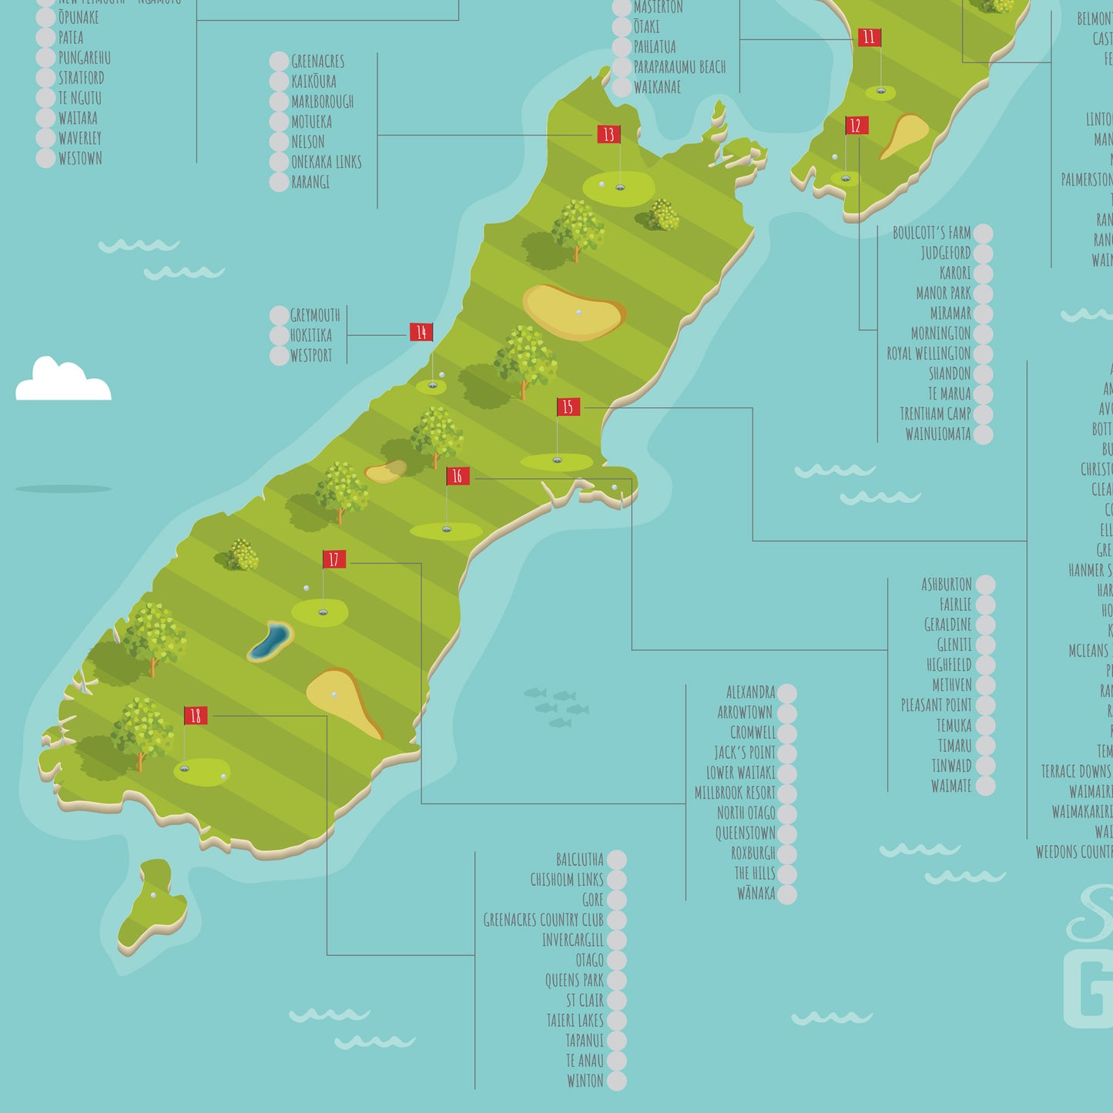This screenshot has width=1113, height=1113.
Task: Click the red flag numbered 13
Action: (608, 135)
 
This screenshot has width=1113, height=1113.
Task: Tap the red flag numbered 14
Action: (421, 332)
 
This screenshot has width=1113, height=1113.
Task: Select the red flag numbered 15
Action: (568, 407)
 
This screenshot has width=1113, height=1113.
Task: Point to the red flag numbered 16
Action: (458, 476)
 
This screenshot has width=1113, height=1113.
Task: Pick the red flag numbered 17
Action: (334, 559)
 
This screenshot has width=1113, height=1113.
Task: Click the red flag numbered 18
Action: (196, 716)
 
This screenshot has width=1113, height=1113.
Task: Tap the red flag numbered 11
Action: (869, 37)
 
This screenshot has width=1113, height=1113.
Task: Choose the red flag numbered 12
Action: (856, 126)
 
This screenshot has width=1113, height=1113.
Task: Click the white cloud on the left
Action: (63, 380)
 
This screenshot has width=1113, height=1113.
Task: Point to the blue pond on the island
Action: (271, 640)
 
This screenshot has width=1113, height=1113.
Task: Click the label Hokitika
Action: (311, 335)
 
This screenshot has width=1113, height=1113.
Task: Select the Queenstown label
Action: (745, 833)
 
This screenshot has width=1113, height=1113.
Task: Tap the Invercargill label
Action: (572, 940)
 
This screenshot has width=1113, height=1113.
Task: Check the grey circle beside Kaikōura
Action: (279, 82)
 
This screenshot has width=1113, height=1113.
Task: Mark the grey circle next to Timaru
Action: (985, 746)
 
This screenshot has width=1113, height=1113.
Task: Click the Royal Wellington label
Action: (928, 354)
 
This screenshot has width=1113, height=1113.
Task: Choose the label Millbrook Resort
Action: (735, 793)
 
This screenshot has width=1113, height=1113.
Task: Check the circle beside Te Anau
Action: (616, 1061)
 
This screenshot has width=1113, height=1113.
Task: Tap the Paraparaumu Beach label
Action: (679, 67)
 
